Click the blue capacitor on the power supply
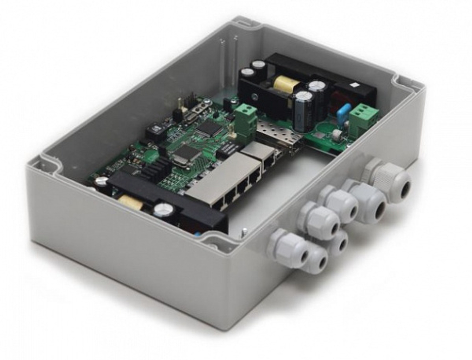coord(344,113)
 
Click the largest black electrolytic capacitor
coord(303,111)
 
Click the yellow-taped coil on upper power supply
coord(286,85)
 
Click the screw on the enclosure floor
coord(244,231)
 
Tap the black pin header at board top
coord(190,100)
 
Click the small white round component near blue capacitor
coord(336,135)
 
